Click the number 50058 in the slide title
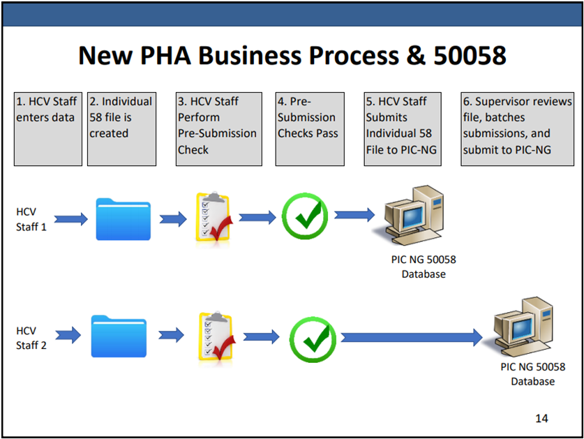469,55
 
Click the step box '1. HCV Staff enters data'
46,128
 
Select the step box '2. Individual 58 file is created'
121,128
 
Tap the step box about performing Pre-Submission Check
218,128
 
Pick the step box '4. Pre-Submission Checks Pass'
307,128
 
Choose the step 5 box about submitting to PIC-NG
403,128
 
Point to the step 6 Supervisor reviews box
517,128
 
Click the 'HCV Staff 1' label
31,219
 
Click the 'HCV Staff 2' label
31,338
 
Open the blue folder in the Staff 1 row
123,219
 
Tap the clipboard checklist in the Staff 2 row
214,338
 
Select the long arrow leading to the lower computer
412,338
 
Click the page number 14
541,418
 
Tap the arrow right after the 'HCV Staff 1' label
70,219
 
